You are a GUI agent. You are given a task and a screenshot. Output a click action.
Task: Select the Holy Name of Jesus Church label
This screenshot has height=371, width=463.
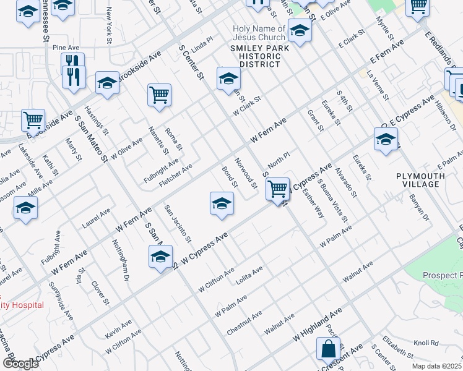259,33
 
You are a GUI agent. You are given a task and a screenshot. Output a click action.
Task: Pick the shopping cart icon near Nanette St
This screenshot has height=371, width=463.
159,95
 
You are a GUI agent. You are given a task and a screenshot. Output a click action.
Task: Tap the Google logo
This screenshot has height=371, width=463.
20,363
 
